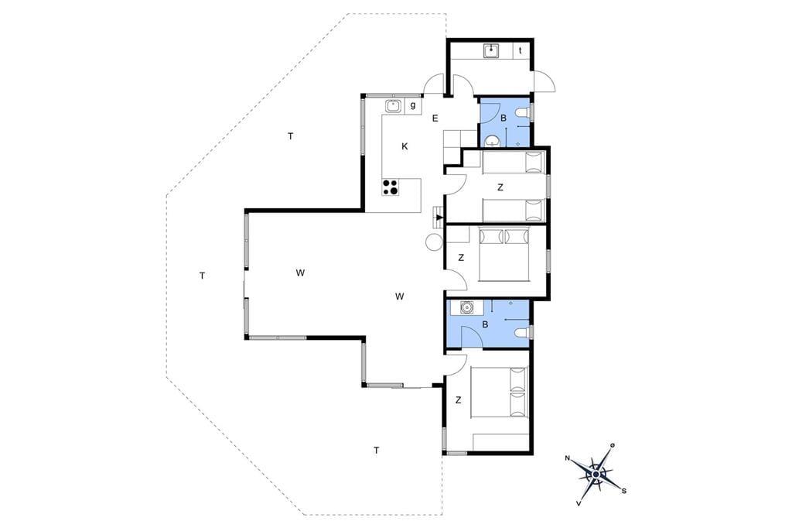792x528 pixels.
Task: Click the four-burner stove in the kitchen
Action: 390,187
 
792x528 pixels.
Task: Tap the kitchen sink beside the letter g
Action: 393,106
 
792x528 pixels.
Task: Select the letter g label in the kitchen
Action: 413,106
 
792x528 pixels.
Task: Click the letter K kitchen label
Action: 405,146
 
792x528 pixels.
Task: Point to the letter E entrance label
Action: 435,118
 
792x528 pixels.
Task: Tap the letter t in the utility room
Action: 521,50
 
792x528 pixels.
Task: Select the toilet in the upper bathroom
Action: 523,112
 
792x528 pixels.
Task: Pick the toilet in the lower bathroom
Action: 523,332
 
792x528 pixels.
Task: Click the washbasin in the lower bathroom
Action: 466,307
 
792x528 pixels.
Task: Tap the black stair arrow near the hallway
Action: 440,218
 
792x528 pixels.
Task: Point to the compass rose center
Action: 596,475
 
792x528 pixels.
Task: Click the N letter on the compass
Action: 568,458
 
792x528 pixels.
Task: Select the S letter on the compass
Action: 624,490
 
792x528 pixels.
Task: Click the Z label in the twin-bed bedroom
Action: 500,187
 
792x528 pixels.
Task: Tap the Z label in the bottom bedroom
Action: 458,400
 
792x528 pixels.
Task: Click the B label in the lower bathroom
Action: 485,324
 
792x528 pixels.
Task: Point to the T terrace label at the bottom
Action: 377,450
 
